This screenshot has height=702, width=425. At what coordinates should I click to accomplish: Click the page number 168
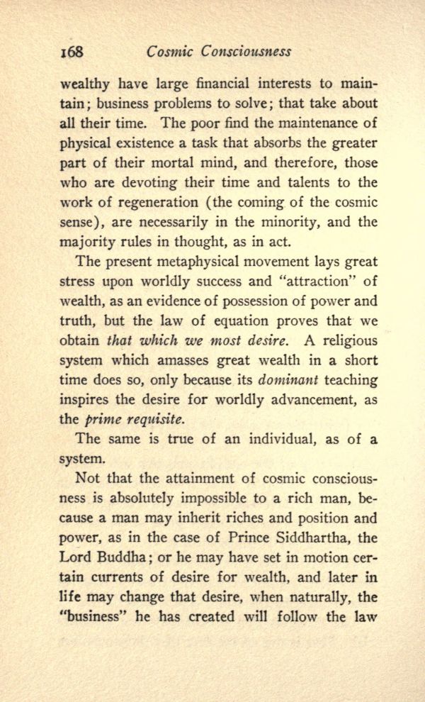click(72, 52)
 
